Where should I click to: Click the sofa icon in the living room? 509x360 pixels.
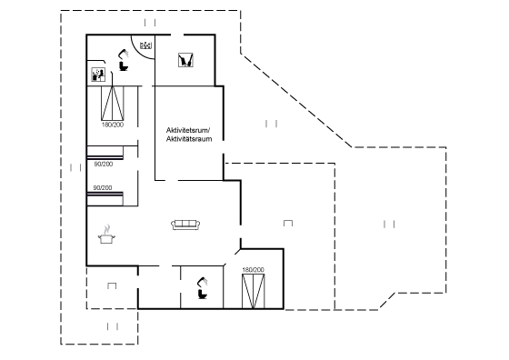[x=185, y=225]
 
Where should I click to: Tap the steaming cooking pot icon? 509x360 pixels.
[x=106, y=235]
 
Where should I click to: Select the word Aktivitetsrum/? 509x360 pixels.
[x=188, y=130]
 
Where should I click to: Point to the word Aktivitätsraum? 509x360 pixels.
[x=189, y=139]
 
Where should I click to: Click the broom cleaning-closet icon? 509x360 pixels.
[x=185, y=60]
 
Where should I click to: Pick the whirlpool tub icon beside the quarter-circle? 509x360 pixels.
[x=146, y=45]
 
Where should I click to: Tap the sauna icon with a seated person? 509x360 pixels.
[x=98, y=75]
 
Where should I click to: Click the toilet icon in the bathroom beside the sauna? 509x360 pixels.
[x=124, y=66]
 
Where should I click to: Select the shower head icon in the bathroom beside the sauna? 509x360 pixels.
[x=124, y=54]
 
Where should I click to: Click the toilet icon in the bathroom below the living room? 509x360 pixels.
[x=203, y=295]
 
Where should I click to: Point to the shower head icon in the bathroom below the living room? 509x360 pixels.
[x=202, y=282]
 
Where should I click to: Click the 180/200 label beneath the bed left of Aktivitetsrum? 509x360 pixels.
[x=113, y=125]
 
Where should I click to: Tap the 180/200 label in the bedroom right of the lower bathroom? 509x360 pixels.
[x=254, y=270]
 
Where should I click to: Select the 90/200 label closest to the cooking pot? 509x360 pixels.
[x=103, y=187]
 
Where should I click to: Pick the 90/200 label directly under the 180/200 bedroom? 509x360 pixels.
[x=104, y=165]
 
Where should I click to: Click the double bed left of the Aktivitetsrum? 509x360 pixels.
[x=113, y=104]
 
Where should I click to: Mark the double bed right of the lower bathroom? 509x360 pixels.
[x=254, y=291]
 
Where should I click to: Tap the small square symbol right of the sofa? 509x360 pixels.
[x=288, y=223]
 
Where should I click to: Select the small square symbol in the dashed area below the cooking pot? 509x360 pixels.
[x=112, y=285]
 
